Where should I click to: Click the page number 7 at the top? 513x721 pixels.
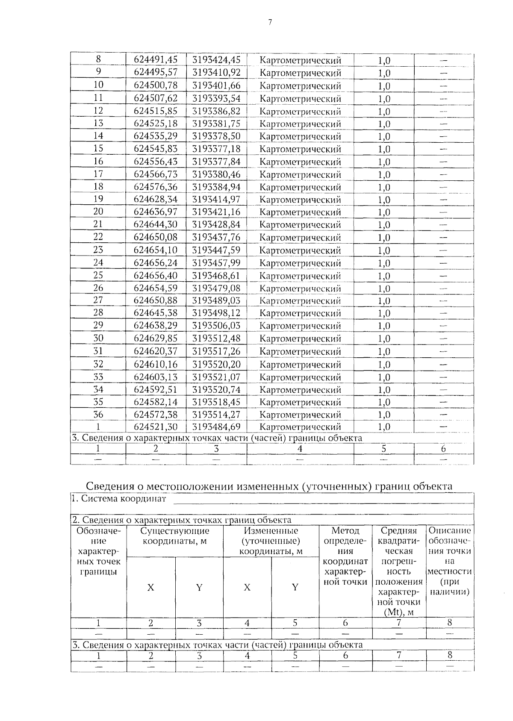(270, 23)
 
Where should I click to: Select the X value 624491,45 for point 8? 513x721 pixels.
(156, 60)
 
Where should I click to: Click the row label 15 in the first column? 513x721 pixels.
(98, 149)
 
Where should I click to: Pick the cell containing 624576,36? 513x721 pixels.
(156, 187)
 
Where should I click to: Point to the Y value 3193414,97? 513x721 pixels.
(216, 199)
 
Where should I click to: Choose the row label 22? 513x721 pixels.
(98, 237)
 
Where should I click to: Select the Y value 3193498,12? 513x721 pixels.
(216, 313)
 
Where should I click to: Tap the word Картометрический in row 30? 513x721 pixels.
(300, 338)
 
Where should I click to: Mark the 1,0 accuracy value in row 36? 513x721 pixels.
(384, 415)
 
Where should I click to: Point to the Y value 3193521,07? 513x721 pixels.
(216, 377)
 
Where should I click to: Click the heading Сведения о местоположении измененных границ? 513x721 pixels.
(269, 486)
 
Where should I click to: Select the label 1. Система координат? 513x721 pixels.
(119, 498)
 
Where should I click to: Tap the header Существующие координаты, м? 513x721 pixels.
(175, 541)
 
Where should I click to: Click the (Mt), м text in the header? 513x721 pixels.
(398, 612)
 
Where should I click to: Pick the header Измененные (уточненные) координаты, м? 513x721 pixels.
(271, 541)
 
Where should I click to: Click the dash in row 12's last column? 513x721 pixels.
(443, 111)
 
